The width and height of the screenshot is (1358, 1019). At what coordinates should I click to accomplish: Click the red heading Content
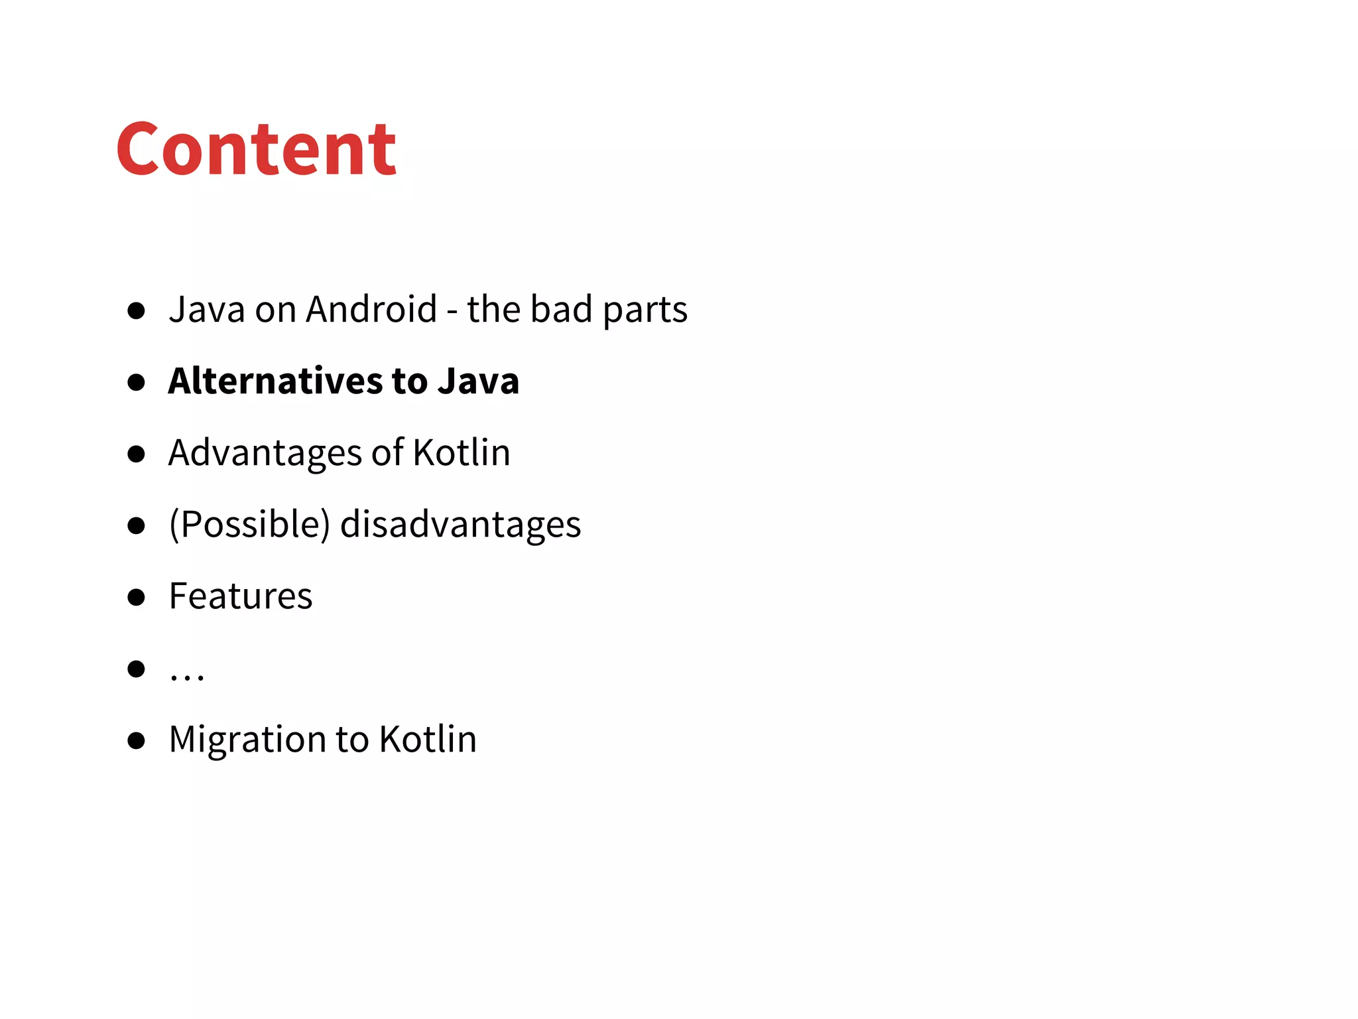pyautogui.click(x=256, y=149)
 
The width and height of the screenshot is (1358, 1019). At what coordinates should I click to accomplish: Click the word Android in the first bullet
pyautogui.click(x=371, y=309)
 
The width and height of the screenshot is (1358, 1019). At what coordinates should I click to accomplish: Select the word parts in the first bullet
pyautogui.click(x=645, y=310)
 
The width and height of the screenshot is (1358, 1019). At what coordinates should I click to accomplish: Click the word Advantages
pyautogui.click(x=265, y=453)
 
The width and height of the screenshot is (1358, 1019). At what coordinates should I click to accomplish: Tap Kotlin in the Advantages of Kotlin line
pyautogui.click(x=462, y=452)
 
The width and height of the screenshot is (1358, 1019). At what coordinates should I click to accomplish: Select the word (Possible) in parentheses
pyautogui.click(x=249, y=524)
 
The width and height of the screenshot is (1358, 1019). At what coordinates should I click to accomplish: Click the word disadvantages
pyautogui.click(x=460, y=524)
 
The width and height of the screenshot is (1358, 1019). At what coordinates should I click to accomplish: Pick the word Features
pyautogui.click(x=241, y=596)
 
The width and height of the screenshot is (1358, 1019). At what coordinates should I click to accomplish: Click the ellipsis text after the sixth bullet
pyautogui.click(x=187, y=676)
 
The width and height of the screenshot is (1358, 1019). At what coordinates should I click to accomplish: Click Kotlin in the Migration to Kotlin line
pyautogui.click(x=428, y=739)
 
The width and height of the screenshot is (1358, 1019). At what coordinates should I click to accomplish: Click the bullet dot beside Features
pyautogui.click(x=137, y=597)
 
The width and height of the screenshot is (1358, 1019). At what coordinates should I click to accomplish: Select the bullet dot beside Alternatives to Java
pyautogui.click(x=137, y=382)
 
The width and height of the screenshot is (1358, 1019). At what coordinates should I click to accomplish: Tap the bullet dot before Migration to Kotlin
pyautogui.click(x=137, y=740)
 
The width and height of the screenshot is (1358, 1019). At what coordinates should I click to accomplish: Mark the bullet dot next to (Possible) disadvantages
pyautogui.click(x=137, y=525)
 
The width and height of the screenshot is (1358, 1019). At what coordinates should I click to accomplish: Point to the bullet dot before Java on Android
pyautogui.click(x=137, y=310)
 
